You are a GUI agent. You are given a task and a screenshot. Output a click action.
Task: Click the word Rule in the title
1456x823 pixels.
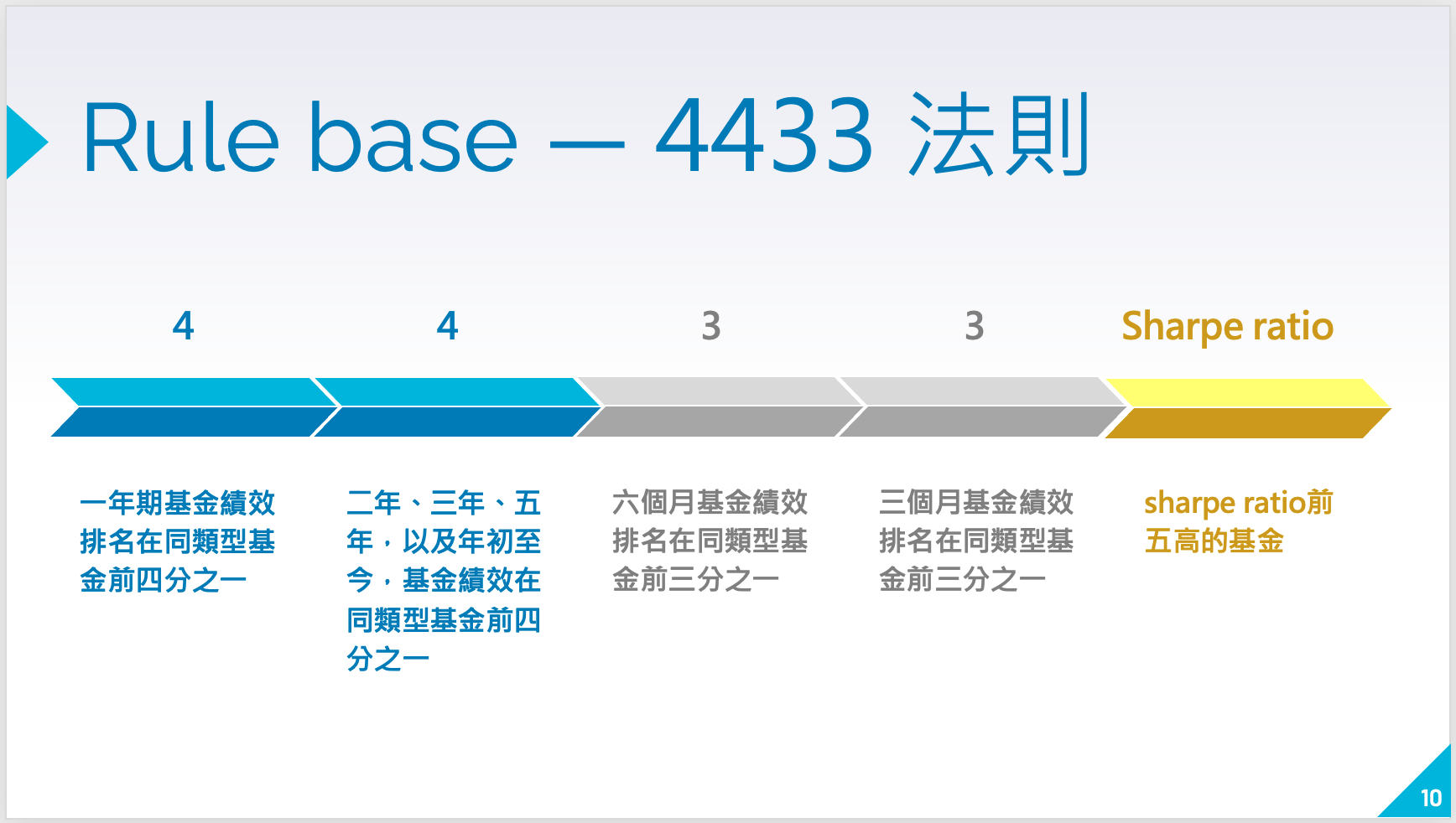pyautogui.click(x=179, y=137)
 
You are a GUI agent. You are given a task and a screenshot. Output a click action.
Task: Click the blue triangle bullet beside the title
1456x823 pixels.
pyautogui.click(x=26, y=142)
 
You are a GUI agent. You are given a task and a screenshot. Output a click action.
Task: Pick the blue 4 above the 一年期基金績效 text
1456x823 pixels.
pyautogui.click(x=183, y=325)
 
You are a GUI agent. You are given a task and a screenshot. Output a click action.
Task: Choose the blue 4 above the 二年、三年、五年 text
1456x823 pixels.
pyautogui.click(x=447, y=325)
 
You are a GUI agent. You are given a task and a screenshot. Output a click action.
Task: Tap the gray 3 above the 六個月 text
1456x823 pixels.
pyautogui.click(x=711, y=325)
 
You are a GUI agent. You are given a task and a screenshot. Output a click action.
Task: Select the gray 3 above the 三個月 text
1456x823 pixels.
pyautogui.click(x=974, y=325)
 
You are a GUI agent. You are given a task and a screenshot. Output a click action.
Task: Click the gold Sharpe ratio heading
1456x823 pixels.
pyautogui.click(x=1227, y=325)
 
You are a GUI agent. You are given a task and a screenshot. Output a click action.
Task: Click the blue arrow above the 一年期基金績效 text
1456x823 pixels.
pyautogui.click(x=189, y=407)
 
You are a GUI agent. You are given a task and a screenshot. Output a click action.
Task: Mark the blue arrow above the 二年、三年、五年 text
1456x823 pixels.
pyautogui.click(x=453, y=407)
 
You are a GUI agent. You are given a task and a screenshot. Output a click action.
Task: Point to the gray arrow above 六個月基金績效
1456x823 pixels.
pyautogui.click(x=717, y=407)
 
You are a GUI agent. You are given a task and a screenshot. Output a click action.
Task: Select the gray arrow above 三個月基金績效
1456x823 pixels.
pyautogui.click(x=980, y=407)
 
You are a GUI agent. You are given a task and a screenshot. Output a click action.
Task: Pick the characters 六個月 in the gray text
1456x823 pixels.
pyautogui.click(x=653, y=503)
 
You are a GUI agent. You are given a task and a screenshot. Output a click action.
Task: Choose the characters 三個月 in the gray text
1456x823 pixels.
pyautogui.click(x=920, y=503)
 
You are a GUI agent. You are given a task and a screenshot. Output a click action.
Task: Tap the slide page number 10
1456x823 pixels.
pyautogui.click(x=1430, y=798)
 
